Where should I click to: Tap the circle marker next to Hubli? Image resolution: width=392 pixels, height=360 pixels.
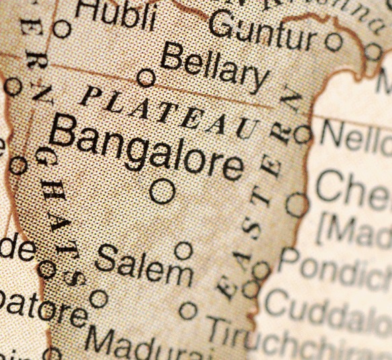coord(62,29)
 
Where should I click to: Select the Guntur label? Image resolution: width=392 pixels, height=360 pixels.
coord(262,31)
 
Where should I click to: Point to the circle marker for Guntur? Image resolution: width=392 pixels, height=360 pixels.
coord(334,42)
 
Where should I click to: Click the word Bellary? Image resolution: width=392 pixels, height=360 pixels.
coord(214,68)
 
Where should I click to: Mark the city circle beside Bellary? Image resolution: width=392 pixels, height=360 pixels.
coord(146,78)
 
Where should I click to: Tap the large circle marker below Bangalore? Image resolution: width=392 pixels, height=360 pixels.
coord(162,191)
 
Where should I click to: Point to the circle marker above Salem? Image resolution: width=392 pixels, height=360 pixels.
coord(184,251)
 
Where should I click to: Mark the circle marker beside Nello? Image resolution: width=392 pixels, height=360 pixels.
coord(303,135)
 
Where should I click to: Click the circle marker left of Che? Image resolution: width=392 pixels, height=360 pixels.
coord(297,204)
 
